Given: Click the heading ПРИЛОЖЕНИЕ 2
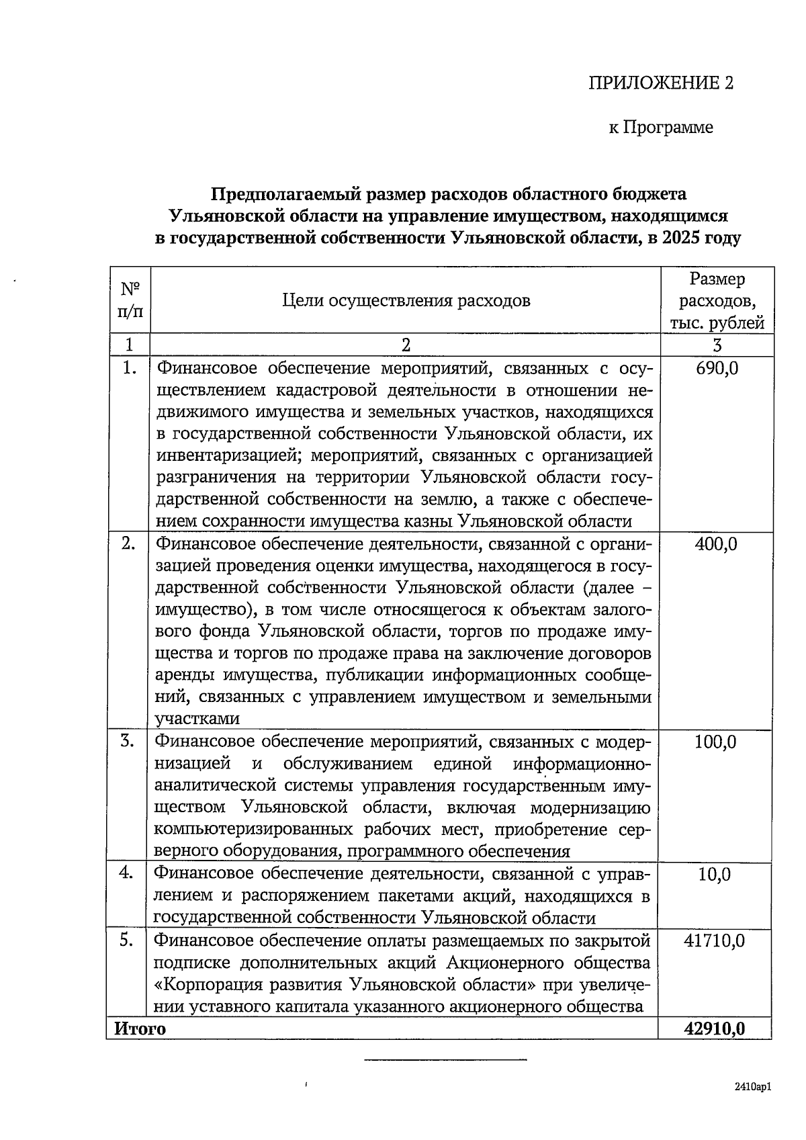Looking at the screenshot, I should coord(661,83).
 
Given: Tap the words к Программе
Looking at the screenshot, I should coord(661,127).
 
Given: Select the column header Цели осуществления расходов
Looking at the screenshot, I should coord(406,300).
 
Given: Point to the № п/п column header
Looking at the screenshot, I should coord(130,300).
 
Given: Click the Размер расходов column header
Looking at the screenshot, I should coord(717,300).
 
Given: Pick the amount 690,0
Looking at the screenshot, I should coord(717,368).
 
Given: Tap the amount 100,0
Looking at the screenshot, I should coord(715,742).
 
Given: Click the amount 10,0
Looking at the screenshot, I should coord(715,874).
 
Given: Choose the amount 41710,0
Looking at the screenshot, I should coord(714,940).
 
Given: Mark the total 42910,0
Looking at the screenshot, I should coord(714,1028).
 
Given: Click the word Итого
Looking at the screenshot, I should coord(140,1028).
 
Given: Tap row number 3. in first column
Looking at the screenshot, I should coord(128,741).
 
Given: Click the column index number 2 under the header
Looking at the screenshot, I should coord(406,345).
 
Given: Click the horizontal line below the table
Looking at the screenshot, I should coord(445,1060).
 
